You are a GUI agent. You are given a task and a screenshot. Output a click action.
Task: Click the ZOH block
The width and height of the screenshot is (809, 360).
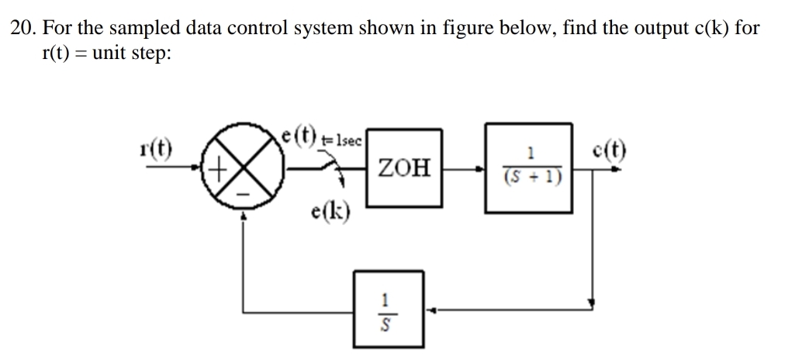coord(403,168)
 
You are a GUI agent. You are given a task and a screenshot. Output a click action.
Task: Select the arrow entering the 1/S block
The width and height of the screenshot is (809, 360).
coord(434,308)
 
